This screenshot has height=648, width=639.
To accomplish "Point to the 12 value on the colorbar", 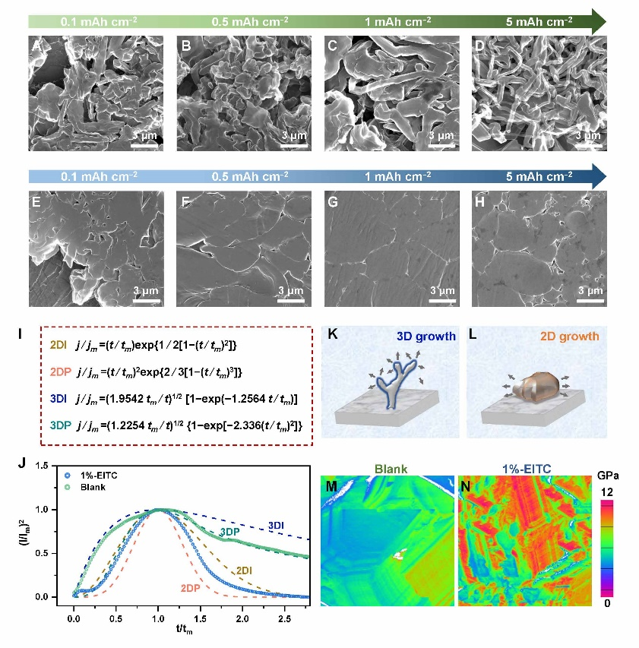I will [x=606, y=493].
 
